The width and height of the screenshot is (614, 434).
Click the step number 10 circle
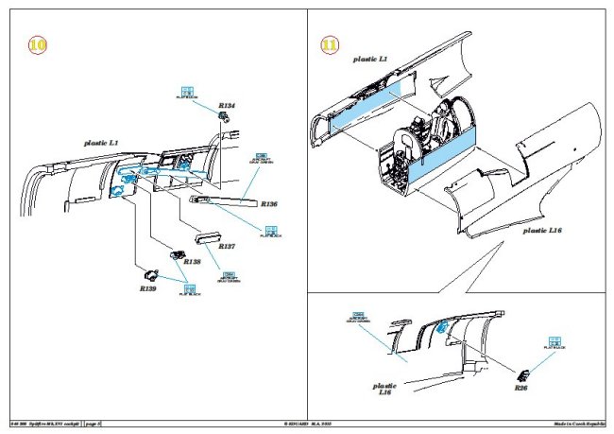pyautogui.click(x=37, y=44)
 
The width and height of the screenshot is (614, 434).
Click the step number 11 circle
pyautogui.click(x=330, y=44)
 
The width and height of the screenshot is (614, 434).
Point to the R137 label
pyautogui.click(x=227, y=246)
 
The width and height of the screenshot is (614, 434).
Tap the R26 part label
pyautogui.click(x=521, y=388)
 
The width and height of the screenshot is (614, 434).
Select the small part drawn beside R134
pyautogui.click(x=226, y=118)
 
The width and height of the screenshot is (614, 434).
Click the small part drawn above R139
pyautogui.click(x=150, y=275)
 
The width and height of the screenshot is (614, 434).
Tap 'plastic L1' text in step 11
pyautogui.click(x=371, y=59)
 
